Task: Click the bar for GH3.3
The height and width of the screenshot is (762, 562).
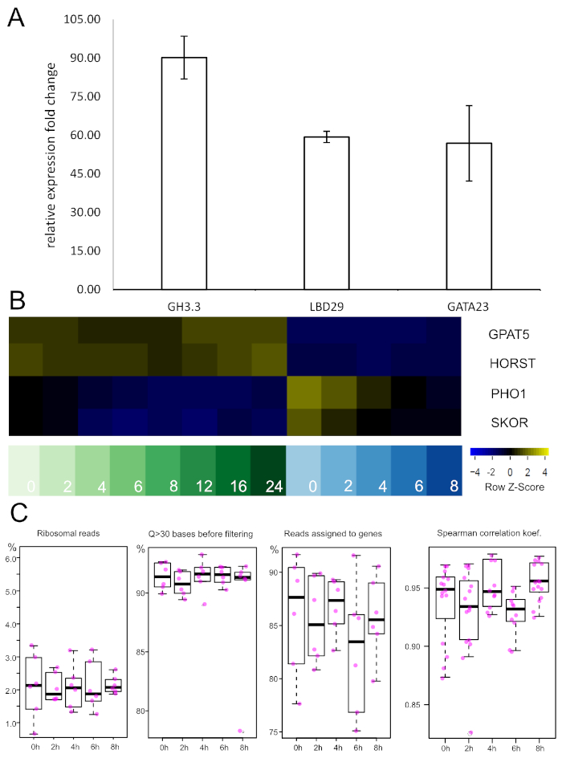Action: coord(184,173)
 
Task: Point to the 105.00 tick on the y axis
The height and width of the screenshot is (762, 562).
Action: coord(83,19)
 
